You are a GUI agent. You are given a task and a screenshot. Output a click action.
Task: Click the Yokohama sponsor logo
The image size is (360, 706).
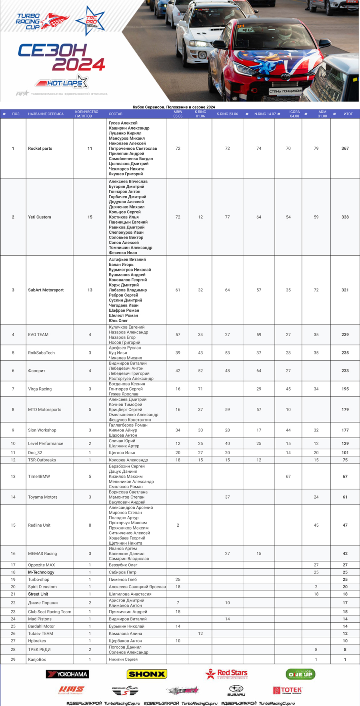[67, 674]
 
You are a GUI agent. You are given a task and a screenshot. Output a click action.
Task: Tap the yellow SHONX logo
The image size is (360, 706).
[146, 674]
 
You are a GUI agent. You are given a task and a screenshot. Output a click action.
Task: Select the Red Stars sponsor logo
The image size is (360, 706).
[226, 674]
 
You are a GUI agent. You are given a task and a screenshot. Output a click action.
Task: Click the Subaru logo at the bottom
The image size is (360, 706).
[236, 690]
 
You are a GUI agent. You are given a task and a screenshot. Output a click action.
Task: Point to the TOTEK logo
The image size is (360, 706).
[287, 690]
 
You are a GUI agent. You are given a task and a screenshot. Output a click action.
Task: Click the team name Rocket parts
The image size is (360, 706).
[40, 148]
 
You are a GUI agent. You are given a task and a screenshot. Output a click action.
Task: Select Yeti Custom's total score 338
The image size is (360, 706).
[345, 217]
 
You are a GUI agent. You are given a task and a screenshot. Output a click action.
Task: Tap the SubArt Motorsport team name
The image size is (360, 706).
[46, 290]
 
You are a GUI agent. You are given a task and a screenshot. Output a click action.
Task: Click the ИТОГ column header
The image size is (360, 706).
[348, 114]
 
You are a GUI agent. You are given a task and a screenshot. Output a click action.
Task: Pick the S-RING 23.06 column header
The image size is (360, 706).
[227, 114]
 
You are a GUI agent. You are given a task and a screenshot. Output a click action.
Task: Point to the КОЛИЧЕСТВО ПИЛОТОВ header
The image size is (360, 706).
[86, 114]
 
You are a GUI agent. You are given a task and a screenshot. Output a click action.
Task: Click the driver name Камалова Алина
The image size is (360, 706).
[123, 634]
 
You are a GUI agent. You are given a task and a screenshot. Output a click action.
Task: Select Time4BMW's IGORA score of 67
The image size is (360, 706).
[288, 476]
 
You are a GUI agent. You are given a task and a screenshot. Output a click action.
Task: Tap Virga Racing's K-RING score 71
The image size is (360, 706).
[200, 389]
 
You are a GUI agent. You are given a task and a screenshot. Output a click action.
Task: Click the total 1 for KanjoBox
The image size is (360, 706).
[345, 660]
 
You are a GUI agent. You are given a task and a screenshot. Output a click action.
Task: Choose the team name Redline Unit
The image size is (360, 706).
[39, 525]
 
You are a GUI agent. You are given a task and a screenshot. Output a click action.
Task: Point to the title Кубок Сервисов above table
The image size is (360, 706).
[174, 107]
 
